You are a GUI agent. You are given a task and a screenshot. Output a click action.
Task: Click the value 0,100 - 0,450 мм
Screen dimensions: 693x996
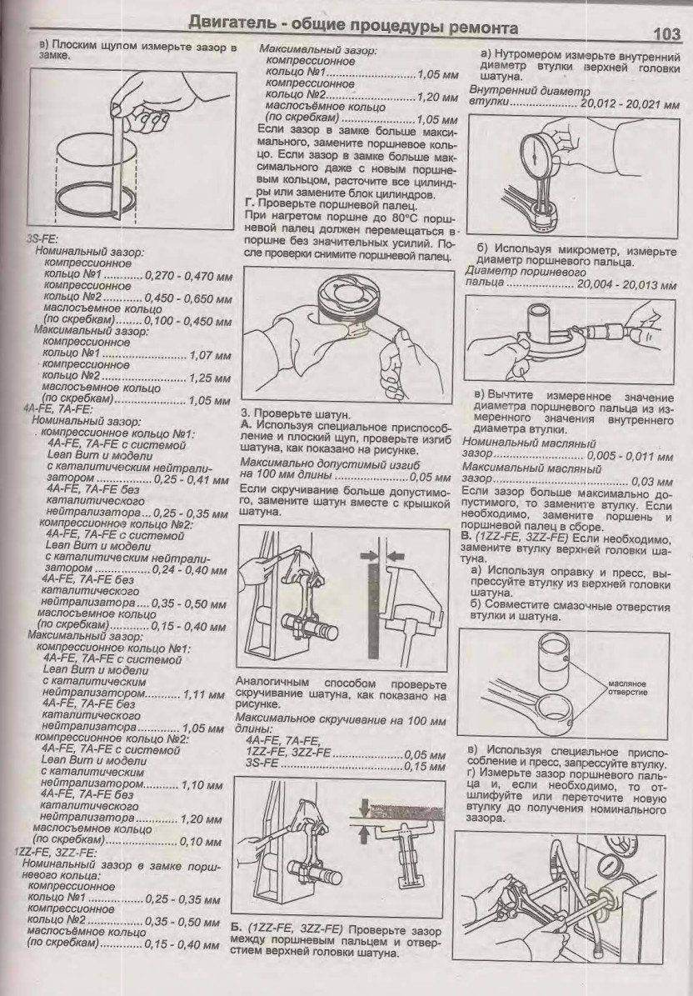pyautogui.click(x=188, y=321)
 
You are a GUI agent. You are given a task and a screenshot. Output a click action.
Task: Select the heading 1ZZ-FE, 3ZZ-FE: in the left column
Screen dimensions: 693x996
pyautogui.click(x=52, y=853)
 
